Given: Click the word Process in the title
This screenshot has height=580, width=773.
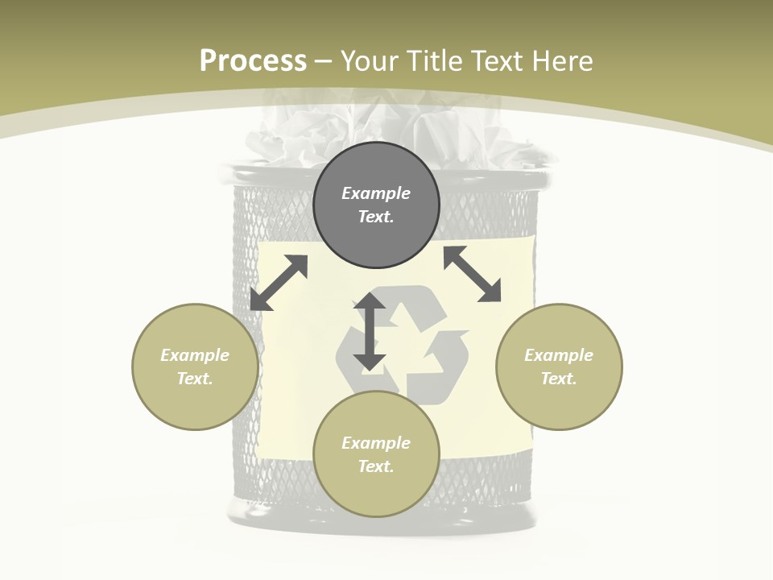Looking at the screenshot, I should pos(253,61).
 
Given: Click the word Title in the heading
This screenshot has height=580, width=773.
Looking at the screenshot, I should pos(435,61).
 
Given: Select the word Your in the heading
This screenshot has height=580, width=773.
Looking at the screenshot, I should pos(371,61).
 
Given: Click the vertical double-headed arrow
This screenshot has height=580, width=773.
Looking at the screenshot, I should pos(370,331).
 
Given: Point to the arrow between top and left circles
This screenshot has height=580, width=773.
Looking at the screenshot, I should pos(279,283).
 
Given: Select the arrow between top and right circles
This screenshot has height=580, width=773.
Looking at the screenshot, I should pos(473,275).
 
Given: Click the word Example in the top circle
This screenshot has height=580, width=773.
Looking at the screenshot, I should pos(376,193).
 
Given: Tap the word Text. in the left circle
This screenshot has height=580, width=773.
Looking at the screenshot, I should pos(195,379).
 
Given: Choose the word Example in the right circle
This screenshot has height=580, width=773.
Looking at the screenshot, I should pos(559,355).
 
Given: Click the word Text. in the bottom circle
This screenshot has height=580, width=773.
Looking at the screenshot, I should pos(376,466).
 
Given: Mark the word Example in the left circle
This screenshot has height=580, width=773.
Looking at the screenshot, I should pos(195,355).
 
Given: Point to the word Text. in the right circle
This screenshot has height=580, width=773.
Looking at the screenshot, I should pos(559,379).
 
